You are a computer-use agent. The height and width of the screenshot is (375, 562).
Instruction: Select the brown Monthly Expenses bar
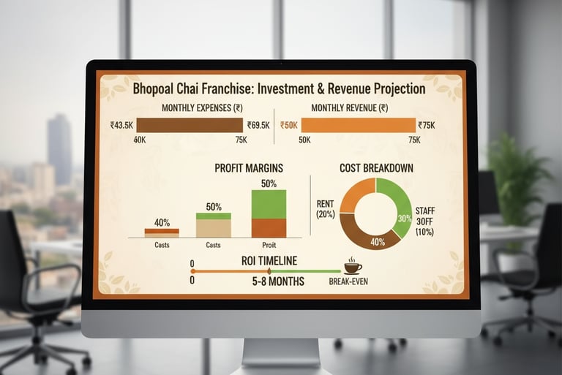tap(188, 125)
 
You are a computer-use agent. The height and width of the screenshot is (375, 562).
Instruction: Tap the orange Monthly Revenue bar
tap(359, 125)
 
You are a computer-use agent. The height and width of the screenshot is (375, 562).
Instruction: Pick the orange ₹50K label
tap(289, 126)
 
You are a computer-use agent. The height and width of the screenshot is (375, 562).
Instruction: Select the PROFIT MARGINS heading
tap(249, 168)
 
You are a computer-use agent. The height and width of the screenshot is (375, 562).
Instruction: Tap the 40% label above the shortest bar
tap(162, 221)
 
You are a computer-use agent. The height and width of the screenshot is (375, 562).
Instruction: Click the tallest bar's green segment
tap(269, 204)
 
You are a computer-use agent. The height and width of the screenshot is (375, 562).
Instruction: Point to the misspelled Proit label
tap(269, 246)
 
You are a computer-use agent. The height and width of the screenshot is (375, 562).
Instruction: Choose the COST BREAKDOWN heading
tap(376, 168)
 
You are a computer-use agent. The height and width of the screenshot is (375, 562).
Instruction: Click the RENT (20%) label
tap(325, 209)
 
